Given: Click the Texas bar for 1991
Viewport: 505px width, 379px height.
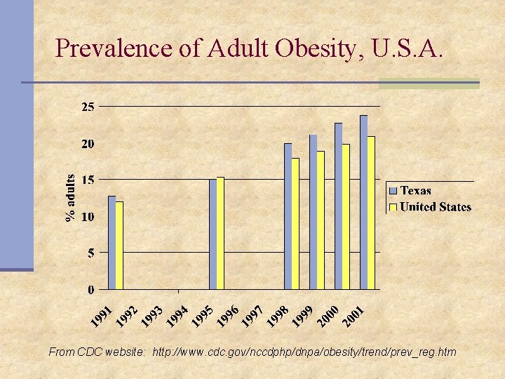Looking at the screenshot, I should [x=112, y=242].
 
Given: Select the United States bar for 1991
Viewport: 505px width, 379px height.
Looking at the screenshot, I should [x=119, y=245].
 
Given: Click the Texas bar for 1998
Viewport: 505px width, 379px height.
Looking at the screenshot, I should [x=288, y=216].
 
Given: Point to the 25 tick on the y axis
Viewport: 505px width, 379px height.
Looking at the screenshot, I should [x=88, y=107].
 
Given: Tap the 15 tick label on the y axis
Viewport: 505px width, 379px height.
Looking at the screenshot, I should [x=88, y=180].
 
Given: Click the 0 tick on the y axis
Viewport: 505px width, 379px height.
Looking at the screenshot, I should [x=91, y=289].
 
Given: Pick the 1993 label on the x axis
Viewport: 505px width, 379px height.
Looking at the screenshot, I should [x=153, y=316].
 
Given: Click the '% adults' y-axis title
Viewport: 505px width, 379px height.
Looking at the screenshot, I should [x=71, y=198].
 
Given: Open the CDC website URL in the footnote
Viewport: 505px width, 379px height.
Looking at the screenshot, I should [x=304, y=352].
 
